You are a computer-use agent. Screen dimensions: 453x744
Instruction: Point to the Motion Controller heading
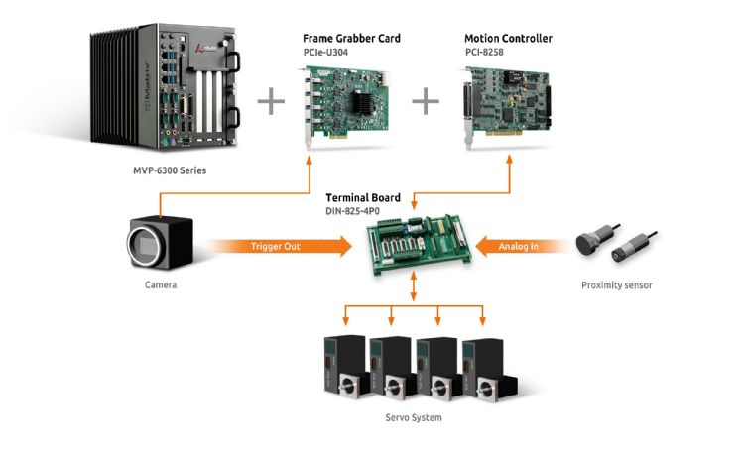pyautogui.click(x=508, y=39)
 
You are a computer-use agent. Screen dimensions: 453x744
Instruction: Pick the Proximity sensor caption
pyautogui.click(x=616, y=286)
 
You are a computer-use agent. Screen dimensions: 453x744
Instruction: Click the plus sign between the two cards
pyautogui.click(x=426, y=99)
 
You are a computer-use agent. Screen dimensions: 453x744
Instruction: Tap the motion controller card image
pyautogui.click(x=509, y=105)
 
